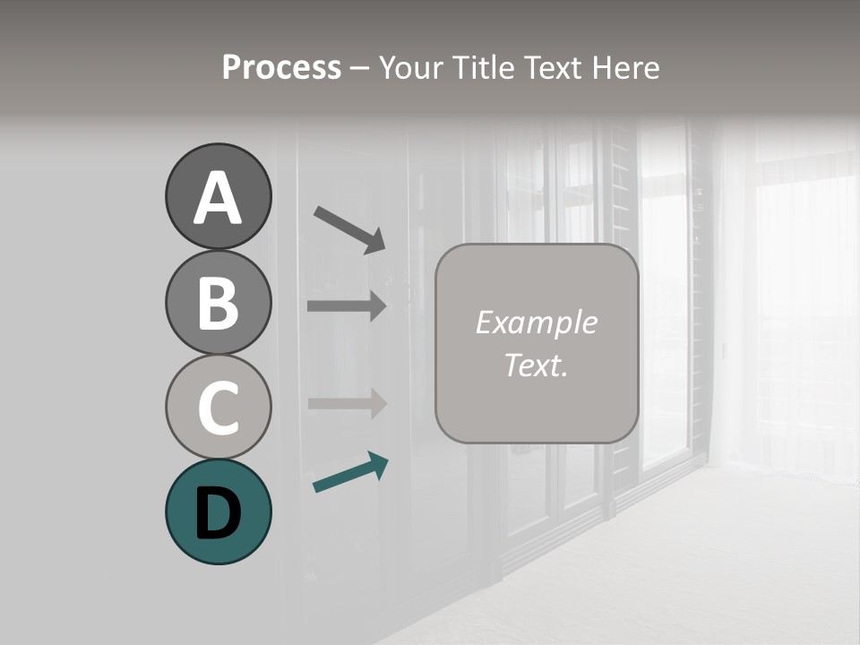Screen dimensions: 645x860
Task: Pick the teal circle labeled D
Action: pyautogui.click(x=218, y=512)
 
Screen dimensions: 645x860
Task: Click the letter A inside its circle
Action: pyautogui.click(x=218, y=199)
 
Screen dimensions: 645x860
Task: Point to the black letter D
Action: pyautogui.click(x=218, y=513)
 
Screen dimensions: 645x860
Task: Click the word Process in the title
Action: pyautogui.click(x=281, y=68)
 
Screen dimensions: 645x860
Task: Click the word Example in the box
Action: pyautogui.click(x=536, y=322)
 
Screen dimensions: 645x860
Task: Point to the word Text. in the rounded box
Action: pyautogui.click(x=536, y=365)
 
